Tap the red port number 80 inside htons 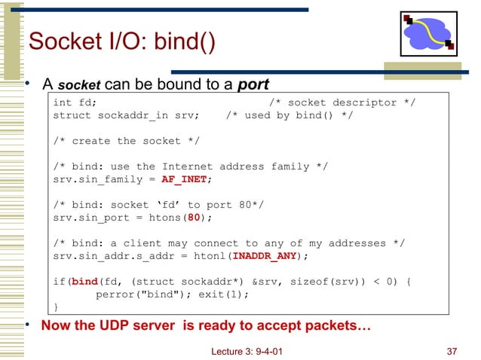click(193, 218)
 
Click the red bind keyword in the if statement click(84, 282)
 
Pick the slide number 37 click(452, 350)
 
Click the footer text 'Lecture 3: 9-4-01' click(247, 350)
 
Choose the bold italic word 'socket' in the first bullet click(78, 82)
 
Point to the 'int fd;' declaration click(74, 102)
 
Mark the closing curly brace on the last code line click(56, 307)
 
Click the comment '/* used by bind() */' click(289, 115)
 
